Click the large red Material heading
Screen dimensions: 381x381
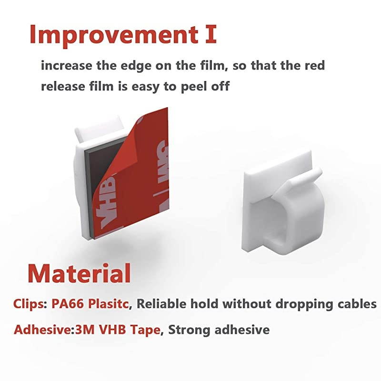tap(79, 273)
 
